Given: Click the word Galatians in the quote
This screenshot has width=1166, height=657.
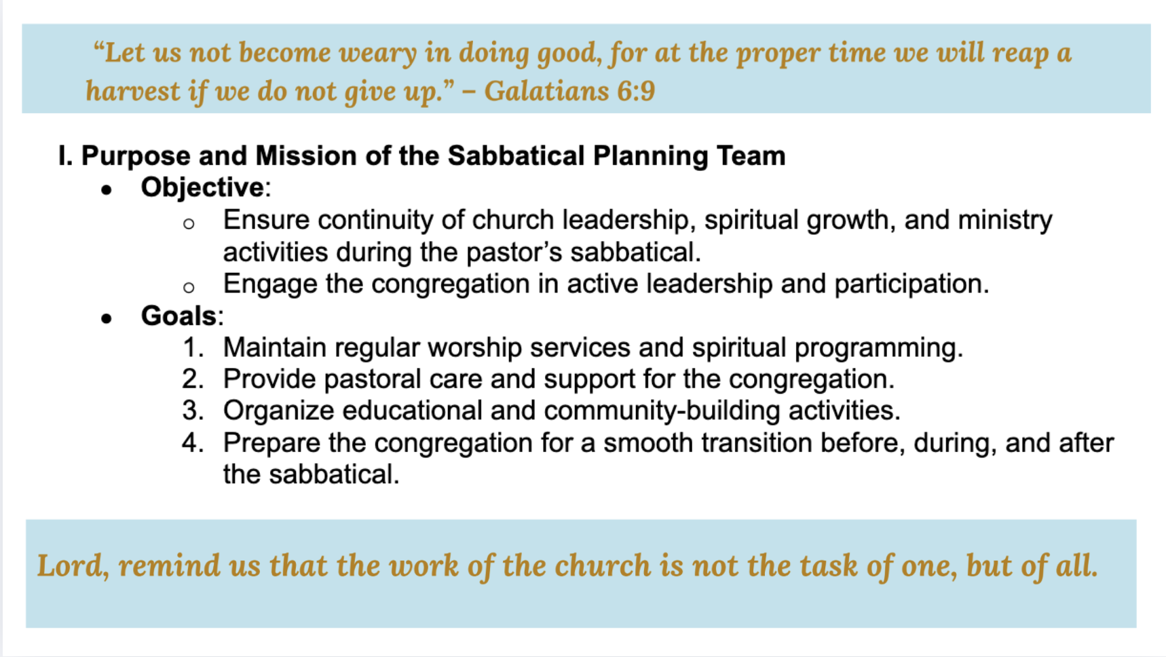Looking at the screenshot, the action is [x=547, y=91].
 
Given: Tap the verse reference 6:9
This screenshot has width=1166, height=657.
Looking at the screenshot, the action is [x=636, y=91].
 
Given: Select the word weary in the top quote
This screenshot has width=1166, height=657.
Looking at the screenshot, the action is [x=379, y=53].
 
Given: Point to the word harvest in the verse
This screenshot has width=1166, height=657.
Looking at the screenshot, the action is [x=133, y=91].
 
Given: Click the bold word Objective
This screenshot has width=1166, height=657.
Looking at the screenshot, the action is [x=202, y=187].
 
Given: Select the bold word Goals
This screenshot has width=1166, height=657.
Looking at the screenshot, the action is [x=178, y=316].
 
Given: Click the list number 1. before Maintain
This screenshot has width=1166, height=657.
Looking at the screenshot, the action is [x=194, y=348].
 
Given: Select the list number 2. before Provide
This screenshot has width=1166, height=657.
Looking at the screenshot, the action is [x=193, y=379].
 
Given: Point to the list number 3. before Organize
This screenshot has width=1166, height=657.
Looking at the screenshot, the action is [x=193, y=411].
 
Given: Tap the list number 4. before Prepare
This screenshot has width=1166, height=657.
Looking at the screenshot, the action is [x=193, y=443].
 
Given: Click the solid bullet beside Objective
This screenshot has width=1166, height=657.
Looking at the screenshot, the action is [x=106, y=191].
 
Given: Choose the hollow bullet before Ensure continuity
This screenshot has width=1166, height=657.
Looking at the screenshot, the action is [x=189, y=223].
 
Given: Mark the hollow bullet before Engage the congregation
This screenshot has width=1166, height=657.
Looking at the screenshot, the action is [x=189, y=287].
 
